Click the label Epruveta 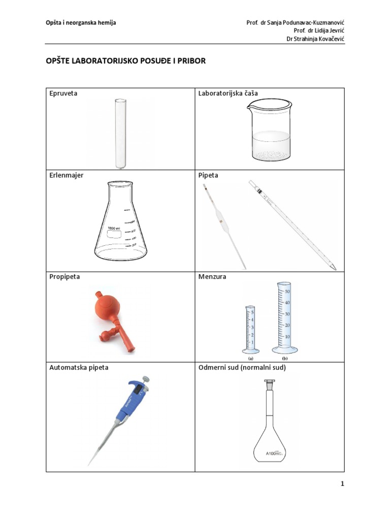(63, 94)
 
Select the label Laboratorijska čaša (228, 94)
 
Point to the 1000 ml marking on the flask (114, 229)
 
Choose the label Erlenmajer (67, 175)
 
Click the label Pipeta (209, 175)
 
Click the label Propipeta (65, 277)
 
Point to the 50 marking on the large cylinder (287, 291)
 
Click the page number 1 (343, 484)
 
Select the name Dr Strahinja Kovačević (315, 39)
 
